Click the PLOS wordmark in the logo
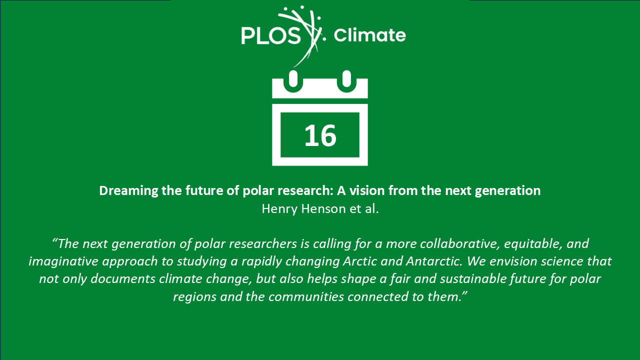[x=271, y=35]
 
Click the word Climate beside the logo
[x=369, y=35]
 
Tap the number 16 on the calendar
[x=320, y=135]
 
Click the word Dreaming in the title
[x=128, y=191]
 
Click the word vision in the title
[x=367, y=190]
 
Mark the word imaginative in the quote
[x=63, y=261]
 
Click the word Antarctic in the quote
[x=434, y=261]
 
